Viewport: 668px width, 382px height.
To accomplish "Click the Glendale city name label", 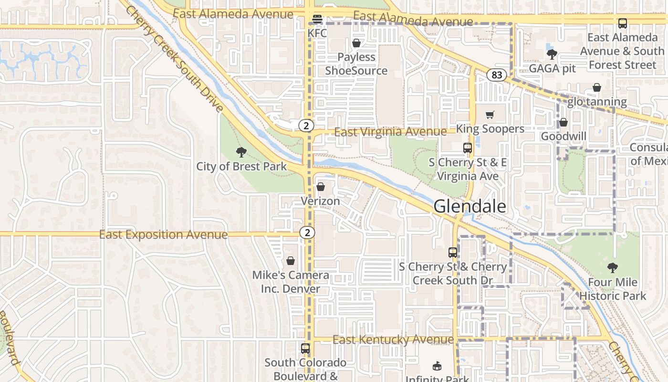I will pos(470,206).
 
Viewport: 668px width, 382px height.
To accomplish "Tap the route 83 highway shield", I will pos(497,75).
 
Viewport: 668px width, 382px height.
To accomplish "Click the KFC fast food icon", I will pos(317,19).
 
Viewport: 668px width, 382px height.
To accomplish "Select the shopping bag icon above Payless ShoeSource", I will pos(356,43).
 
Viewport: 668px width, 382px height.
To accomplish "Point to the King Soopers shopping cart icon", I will pos(490,115).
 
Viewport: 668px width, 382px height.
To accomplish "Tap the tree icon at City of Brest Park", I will pos(241,152).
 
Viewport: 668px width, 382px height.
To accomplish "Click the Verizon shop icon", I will pos(321,187).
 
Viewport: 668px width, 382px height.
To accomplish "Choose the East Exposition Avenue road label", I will pos(163,235).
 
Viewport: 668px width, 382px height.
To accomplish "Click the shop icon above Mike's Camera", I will pos(290,261).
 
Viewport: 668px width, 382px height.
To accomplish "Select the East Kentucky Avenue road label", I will pos(393,340).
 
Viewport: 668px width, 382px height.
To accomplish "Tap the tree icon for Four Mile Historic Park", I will pos(612,268).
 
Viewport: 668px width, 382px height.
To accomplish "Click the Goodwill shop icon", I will pos(563,123).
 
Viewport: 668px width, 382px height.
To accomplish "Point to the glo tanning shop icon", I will pos(596,88).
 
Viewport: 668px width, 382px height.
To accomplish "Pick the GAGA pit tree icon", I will pos(552,54).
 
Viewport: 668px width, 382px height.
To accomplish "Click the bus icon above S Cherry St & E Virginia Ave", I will pos(467,148).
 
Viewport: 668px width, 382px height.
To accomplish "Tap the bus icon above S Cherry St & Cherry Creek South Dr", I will pos(452,253).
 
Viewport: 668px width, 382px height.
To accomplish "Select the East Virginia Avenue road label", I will pos(390,132).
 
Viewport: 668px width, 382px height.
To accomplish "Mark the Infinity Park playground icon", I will pos(437,366).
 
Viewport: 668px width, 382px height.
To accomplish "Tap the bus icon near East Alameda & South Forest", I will pos(622,23).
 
